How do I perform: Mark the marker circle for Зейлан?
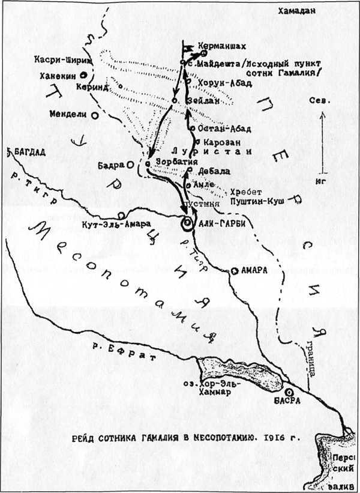175,100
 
